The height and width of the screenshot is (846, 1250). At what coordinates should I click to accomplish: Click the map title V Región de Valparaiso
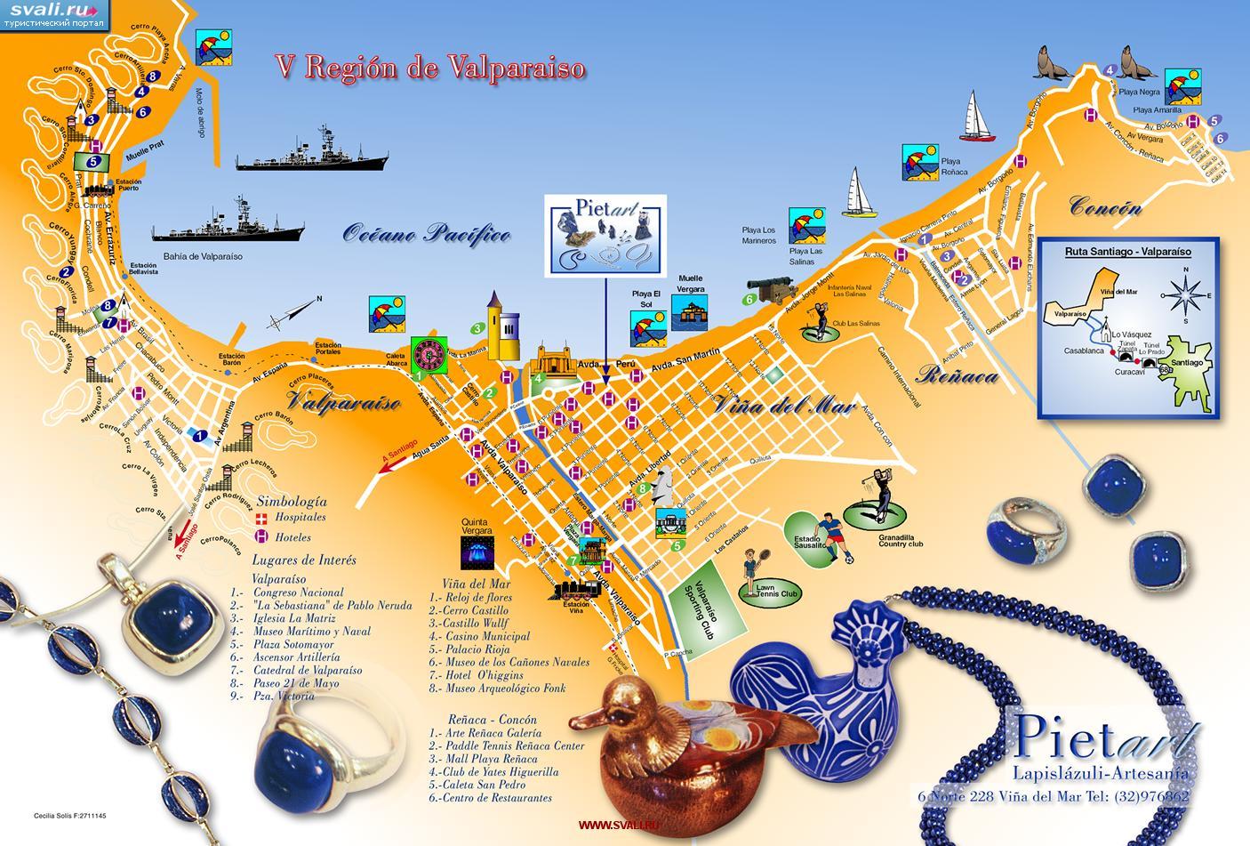(x=429, y=68)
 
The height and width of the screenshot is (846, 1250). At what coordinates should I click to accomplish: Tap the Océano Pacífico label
(x=427, y=234)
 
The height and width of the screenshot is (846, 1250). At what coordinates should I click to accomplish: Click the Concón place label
(x=1105, y=207)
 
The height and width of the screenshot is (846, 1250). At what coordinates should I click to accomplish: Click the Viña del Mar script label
(x=783, y=407)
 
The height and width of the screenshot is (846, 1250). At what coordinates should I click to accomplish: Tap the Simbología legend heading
(x=291, y=502)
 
